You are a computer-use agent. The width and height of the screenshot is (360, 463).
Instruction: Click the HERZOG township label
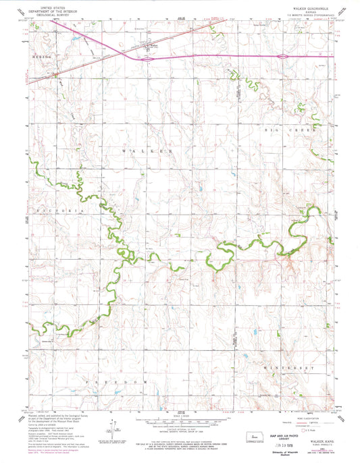[x=42, y=58]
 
